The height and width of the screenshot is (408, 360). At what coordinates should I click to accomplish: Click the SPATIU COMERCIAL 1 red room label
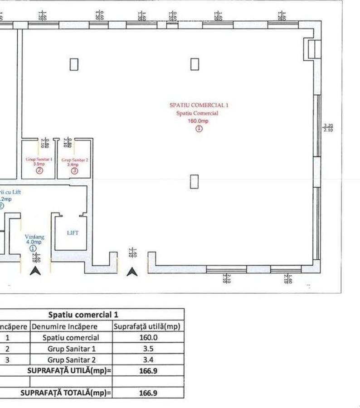(199, 105)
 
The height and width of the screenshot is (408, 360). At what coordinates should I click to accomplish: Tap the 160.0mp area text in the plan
(198, 121)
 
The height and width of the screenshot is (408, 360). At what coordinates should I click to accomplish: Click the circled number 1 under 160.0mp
(199, 129)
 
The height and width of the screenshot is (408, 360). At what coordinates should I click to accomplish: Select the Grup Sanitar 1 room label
(39, 160)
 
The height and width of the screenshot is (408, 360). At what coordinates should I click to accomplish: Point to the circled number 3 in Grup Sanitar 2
(74, 171)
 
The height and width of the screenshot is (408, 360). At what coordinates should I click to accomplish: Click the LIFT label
(73, 233)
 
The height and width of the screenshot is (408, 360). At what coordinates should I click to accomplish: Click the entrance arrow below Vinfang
(35, 271)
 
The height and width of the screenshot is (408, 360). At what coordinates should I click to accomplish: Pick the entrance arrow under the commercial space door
(132, 272)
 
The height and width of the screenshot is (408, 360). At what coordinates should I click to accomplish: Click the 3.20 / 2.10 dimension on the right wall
(328, 127)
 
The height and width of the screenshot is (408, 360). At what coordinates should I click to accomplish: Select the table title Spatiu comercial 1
(86, 315)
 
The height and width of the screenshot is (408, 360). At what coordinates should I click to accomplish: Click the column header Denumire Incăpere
(70, 326)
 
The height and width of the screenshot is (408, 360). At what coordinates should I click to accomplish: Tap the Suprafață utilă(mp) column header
(148, 326)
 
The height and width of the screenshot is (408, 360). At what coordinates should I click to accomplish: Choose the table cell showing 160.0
(148, 338)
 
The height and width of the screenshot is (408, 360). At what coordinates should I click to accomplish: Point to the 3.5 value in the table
(148, 349)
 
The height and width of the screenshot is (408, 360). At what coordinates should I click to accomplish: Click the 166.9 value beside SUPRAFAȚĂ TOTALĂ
(148, 393)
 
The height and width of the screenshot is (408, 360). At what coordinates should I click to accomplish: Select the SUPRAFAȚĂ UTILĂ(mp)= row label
(69, 371)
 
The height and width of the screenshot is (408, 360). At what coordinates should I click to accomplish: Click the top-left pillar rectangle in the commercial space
(74, 64)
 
